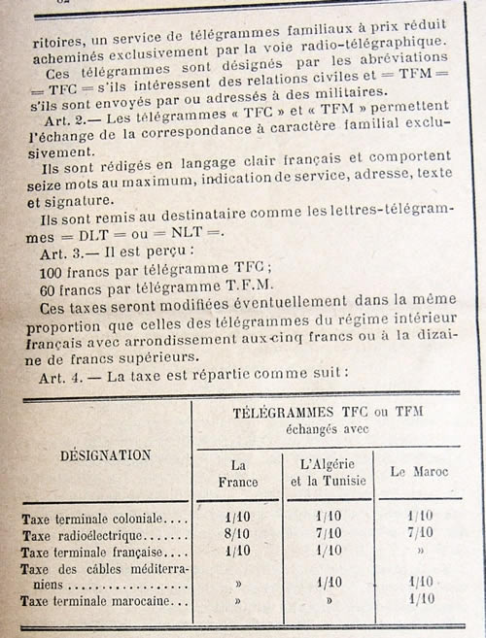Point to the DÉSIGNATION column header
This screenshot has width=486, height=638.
click(x=105, y=453)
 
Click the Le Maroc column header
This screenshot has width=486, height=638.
click(x=419, y=472)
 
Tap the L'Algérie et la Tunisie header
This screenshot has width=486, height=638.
click(x=328, y=473)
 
